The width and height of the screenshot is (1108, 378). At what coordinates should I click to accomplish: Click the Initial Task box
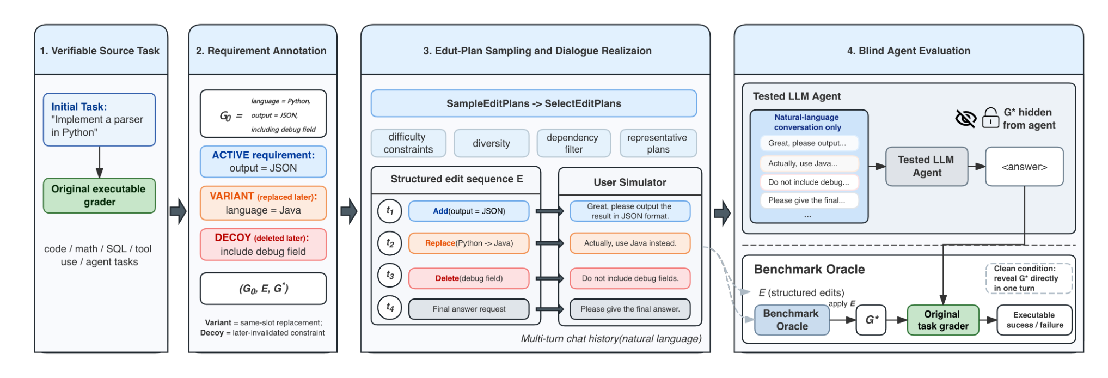99,119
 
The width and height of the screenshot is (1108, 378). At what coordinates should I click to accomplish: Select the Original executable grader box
99,196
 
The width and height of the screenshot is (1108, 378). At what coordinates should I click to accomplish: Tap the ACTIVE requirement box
263,162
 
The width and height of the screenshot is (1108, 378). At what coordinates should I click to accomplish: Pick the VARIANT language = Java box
263,203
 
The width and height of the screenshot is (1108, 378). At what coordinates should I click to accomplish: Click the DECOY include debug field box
263,245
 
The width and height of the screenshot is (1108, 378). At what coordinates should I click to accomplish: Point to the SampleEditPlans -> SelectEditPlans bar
534,103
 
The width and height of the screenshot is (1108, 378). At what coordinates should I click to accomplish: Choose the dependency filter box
573,143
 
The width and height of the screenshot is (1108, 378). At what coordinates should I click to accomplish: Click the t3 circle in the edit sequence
390,275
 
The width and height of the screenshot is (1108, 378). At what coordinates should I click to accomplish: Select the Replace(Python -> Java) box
469,243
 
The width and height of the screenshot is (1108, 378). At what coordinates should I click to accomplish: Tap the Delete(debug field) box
469,278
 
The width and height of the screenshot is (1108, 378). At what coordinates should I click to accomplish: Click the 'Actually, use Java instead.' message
630,243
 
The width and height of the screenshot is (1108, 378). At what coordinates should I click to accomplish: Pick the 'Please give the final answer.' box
630,309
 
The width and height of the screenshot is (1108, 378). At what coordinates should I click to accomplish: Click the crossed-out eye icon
966,118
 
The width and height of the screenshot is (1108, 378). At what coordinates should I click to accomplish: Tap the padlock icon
990,118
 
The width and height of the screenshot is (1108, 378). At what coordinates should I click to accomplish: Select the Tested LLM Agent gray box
927,166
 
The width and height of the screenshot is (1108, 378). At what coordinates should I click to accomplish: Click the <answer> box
1024,167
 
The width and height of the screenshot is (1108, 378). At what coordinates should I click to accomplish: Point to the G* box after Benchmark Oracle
871,320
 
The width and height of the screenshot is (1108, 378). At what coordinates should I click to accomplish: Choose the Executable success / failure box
1034,320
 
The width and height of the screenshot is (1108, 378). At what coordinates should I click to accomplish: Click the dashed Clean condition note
1029,278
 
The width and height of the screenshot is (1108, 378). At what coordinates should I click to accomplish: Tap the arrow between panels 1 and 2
178,212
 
